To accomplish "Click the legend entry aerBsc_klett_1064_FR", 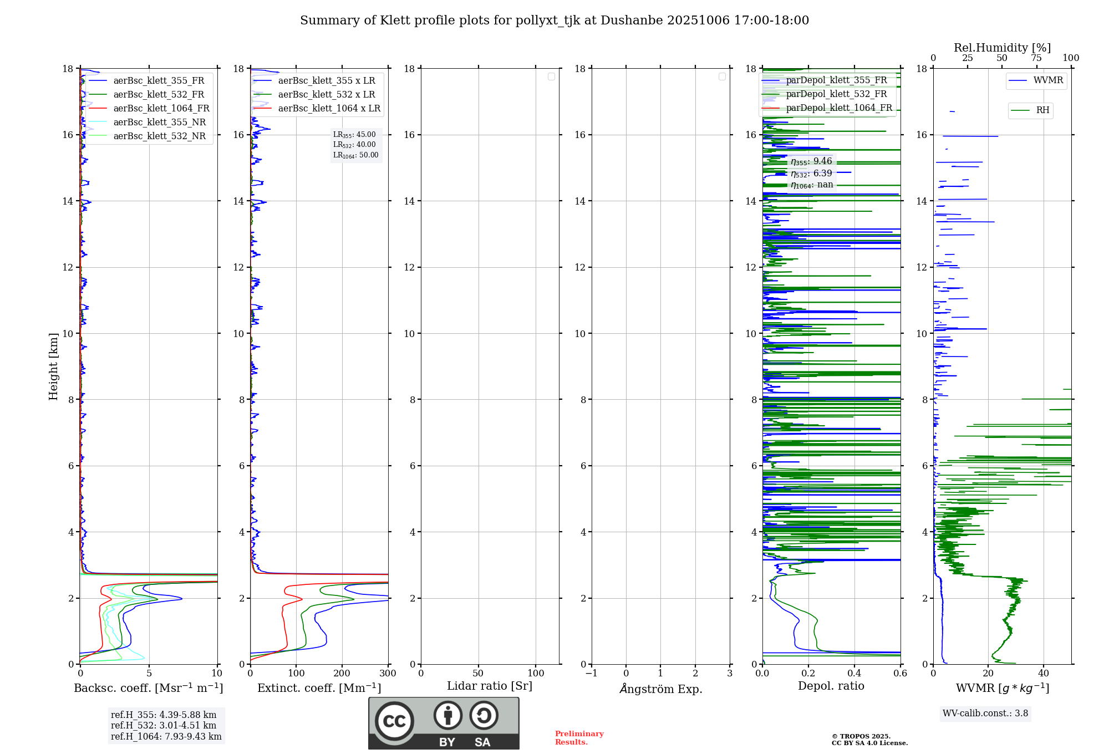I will (x=161, y=108).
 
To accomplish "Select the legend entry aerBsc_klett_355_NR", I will (x=159, y=122).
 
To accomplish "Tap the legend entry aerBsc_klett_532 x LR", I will (x=326, y=94).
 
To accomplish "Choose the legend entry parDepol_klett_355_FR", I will (x=836, y=80).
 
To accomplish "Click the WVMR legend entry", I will (x=1048, y=80).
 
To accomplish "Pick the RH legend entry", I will (x=1042, y=110).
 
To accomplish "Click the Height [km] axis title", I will (x=53, y=366).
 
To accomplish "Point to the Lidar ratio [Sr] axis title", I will (x=490, y=686).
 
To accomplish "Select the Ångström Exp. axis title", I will (x=661, y=689).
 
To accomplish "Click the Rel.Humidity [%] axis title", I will (x=1002, y=48).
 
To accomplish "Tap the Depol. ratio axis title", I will (x=831, y=686).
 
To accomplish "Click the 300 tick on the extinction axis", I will (x=388, y=674).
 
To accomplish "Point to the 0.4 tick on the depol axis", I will (x=854, y=674).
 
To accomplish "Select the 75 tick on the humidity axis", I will (x=1036, y=58).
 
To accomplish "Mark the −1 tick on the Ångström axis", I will (x=591, y=674).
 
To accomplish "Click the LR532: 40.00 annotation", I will (x=354, y=145).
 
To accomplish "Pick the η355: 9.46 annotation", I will (x=811, y=161).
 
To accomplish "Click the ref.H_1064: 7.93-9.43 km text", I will (x=166, y=736).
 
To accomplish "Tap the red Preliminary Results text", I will (x=579, y=737).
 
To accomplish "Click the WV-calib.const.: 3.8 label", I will (x=985, y=713).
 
